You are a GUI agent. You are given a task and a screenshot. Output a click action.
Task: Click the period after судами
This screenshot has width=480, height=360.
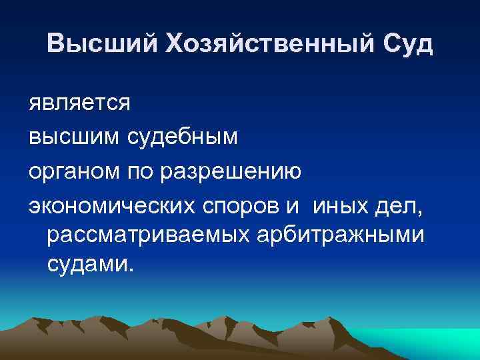pyautogui.click(x=131, y=271)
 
